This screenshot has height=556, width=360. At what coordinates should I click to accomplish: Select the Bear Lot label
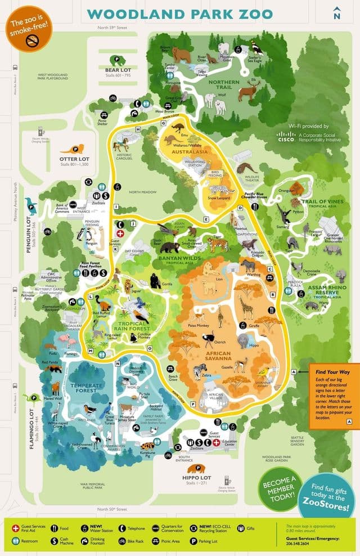(x=118, y=69)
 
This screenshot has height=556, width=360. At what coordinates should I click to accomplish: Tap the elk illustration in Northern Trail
(x=248, y=90)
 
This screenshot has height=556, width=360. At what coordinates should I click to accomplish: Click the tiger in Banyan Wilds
(x=218, y=244)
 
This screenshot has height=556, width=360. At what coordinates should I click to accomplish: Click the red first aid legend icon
(x=15, y=528)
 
